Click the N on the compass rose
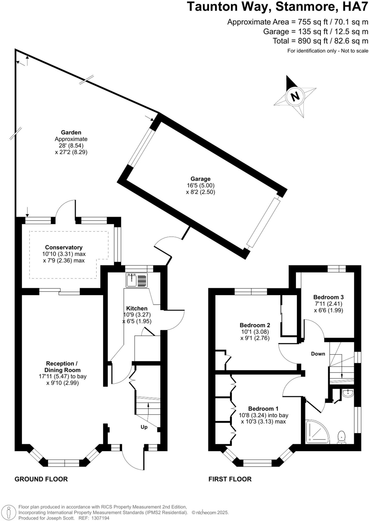[295, 96]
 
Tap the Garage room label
[201, 179]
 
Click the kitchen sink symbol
[137, 280]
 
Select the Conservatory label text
[64, 247]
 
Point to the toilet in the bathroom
[342, 437]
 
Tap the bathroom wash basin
[347, 393]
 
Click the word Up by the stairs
[144, 427]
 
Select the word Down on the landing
[318, 354]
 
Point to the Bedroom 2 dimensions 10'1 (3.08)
[255, 332]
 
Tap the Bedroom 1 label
[263, 409]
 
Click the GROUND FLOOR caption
[41, 479]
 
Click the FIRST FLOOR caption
[230, 479]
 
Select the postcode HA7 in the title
[355, 7]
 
